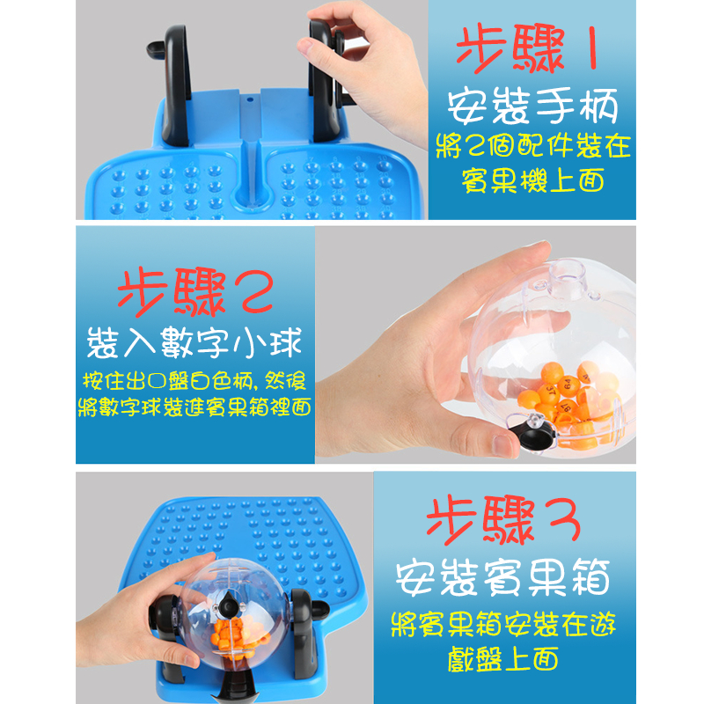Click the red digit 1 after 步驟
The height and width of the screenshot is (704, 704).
coord(592,48)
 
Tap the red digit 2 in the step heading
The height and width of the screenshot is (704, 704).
coord(258,292)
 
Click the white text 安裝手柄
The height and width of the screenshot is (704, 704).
coord(532,106)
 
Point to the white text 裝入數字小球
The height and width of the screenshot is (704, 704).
coord(194,342)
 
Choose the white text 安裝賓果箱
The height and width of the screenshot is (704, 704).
coord(502,577)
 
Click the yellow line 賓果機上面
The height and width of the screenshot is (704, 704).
coord(532,181)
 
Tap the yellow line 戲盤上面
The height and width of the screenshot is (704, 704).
coord(502,659)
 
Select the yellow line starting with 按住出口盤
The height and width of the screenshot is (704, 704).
coord(194,381)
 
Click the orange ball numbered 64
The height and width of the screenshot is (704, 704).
coord(568,385)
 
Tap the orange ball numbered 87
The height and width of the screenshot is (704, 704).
coord(567,407)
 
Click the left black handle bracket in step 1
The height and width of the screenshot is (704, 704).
coord(172,85)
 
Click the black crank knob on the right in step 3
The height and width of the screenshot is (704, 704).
coord(319,608)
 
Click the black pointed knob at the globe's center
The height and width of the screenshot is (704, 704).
coord(229,605)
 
